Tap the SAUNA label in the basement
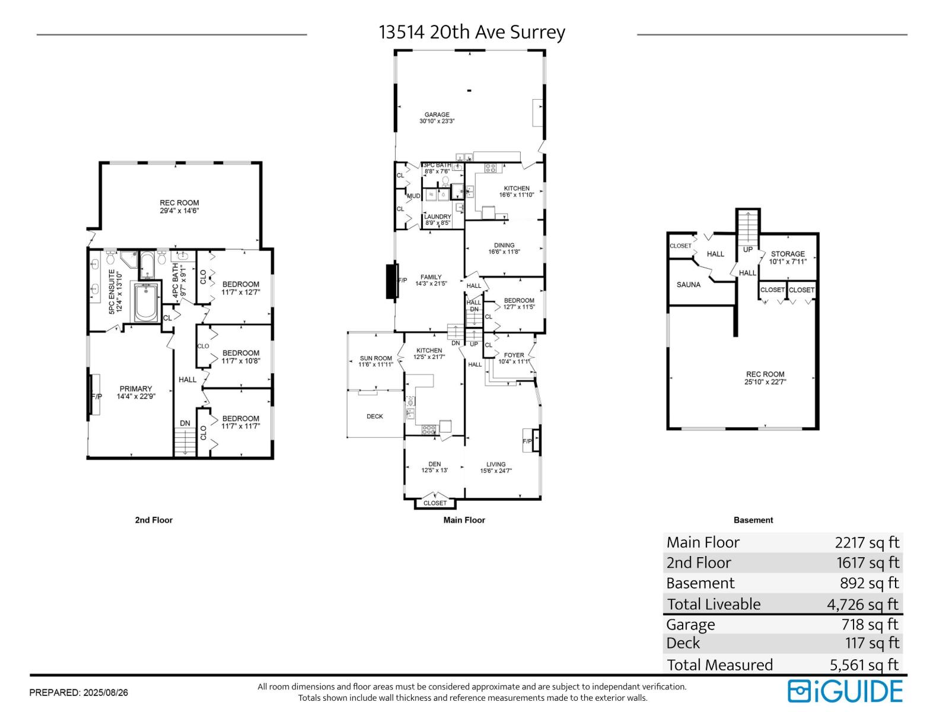[x=688, y=285]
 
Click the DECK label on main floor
[x=374, y=417]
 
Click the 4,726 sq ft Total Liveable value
[x=862, y=605]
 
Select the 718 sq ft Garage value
[x=870, y=624]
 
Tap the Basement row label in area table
[x=700, y=583]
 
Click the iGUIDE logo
[x=845, y=691]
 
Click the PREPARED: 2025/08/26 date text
[x=78, y=692]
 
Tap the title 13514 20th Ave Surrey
[x=472, y=32]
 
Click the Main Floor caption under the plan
[x=464, y=520]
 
